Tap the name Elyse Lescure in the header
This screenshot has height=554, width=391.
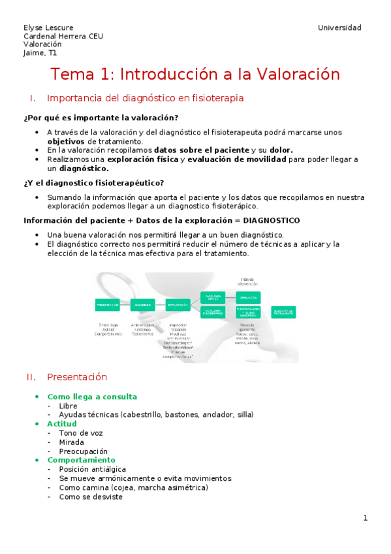tap(49, 27)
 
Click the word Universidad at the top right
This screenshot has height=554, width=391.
tap(339, 27)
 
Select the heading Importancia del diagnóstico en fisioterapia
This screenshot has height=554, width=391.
tap(146, 99)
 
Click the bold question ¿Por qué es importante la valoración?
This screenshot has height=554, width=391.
tap(101, 118)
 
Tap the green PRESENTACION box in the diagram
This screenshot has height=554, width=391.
tap(108, 304)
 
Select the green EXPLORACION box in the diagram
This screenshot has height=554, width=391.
tap(178, 304)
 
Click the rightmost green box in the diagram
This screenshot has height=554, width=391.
tap(283, 312)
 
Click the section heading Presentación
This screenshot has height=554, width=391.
tap(77, 378)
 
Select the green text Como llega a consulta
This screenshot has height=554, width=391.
tap(92, 397)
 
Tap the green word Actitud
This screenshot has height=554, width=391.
tap(62, 424)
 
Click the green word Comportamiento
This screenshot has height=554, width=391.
tap(81, 460)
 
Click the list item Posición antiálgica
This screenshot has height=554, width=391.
tap(92, 469)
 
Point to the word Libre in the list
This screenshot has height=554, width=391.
tap(68, 406)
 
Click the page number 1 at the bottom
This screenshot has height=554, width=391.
tap(366, 518)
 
